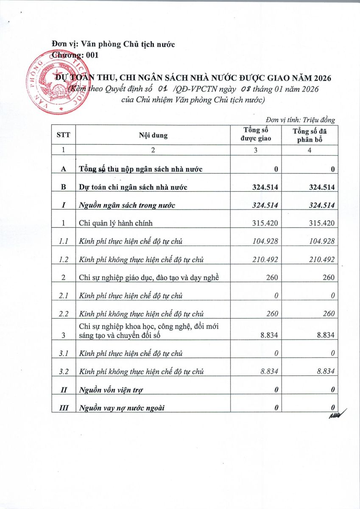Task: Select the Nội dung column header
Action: (x=153, y=135)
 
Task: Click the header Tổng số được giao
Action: (x=256, y=134)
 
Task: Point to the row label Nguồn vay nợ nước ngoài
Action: (x=122, y=408)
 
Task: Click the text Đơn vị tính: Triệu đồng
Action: (x=301, y=120)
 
